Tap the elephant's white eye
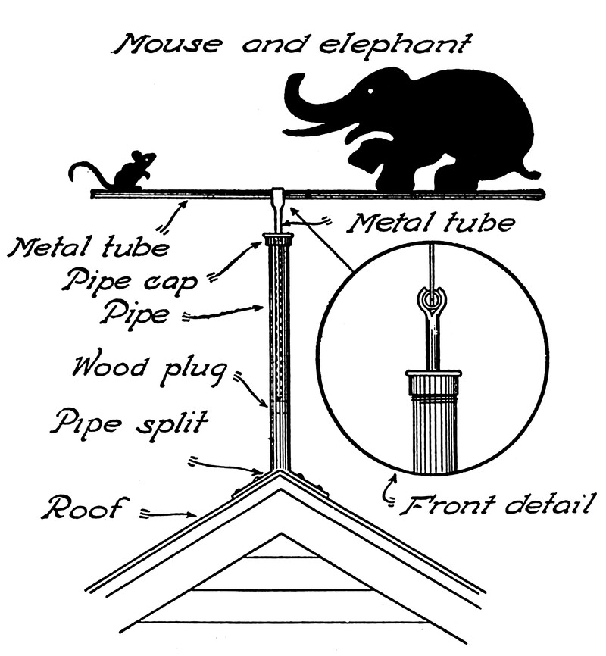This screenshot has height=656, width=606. pyautogui.click(x=371, y=92)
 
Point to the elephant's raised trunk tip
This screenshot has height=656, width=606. pyautogui.click(x=290, y=82)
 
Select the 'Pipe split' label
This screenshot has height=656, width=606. pyautogui.click(x=128, y=422)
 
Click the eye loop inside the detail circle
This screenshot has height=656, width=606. pyautogui.click(x=431, y=301)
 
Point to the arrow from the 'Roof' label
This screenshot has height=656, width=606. pyautogui.click(x=170, y=515)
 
